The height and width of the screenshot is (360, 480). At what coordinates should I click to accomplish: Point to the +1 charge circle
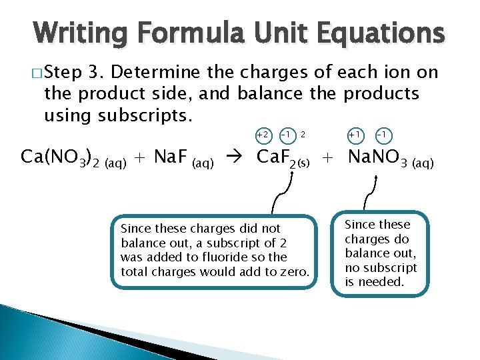pos(355,136)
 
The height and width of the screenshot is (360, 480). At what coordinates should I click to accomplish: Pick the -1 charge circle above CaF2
pos(285,136)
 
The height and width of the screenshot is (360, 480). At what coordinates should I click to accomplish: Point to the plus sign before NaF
pos(139,159)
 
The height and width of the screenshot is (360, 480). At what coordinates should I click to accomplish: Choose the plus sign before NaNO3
pos(328,159)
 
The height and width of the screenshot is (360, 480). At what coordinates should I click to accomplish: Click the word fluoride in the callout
pos(231,257)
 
